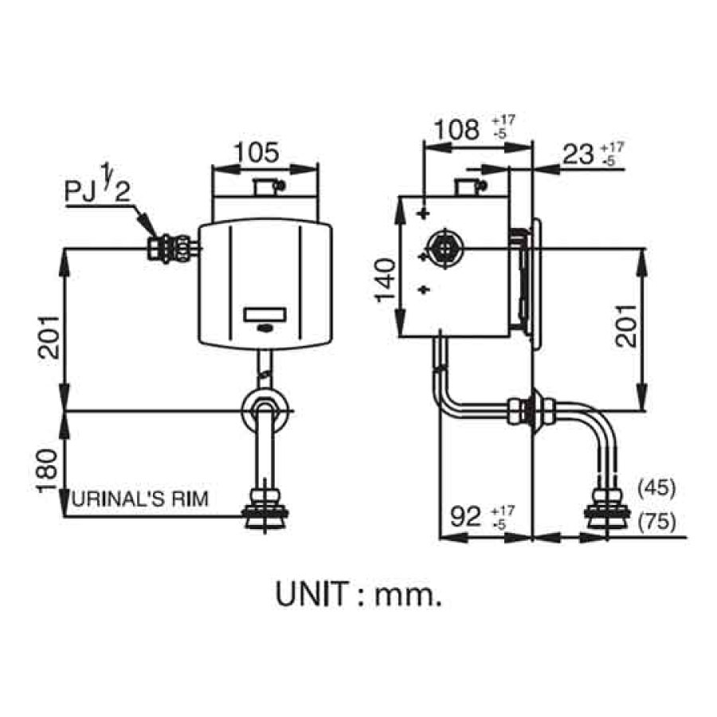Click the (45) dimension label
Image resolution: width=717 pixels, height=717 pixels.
pyautogui.click(x=656, y=487)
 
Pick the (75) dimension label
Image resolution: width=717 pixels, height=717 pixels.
pyautogui.click(x=656, y=522)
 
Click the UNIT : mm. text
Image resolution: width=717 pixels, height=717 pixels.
pyautogui.click(x=358, y=594)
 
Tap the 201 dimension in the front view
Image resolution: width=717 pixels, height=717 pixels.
pyautogui.click(x=49, y=335)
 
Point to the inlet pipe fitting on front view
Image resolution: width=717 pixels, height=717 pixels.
pyautogui.click(x=170, y=248)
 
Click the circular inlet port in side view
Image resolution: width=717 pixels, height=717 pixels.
pyautogui.click(x=443, y=249)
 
